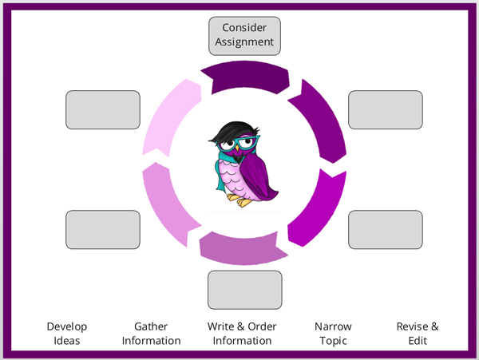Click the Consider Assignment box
(245, 35)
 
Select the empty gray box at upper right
(386, 110)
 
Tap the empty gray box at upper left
(102, 110)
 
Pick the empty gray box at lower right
(386, 230)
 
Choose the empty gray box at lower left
(102, 230)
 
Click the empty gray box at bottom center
(245, 290)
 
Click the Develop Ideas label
(67, 334)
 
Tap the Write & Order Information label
(242, 334)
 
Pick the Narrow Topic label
(333, 334)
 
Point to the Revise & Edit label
(418, 334)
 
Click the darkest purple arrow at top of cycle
(243, 77)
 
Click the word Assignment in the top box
(245, 42)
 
